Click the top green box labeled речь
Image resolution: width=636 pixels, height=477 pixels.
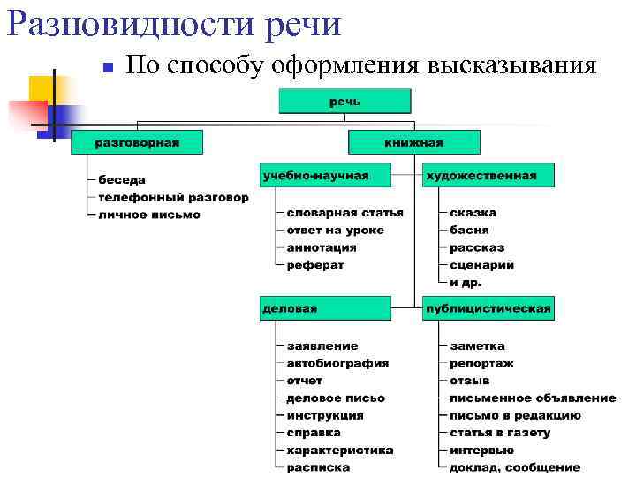click(345, 101)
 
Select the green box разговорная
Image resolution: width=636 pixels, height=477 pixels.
click(137, 142)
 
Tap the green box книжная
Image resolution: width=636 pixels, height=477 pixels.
click(414, 142)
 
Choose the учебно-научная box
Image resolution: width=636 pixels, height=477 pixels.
click(326, 175)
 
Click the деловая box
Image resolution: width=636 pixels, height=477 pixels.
click(326, 308)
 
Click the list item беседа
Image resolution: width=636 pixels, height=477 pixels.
click(122, 179)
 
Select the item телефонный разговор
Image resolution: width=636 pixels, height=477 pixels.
click(173, 197)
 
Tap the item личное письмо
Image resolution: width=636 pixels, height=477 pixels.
click(149, 215)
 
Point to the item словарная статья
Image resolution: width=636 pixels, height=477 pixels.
click(344, 212)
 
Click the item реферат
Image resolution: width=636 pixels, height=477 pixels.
click(314, 264)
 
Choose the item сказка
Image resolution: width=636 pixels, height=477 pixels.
click(473, 212)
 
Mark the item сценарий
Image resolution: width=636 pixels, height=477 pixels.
click(481, 264)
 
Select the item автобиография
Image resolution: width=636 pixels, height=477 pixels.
click(337, 363)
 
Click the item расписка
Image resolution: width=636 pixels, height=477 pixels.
click(318, 467)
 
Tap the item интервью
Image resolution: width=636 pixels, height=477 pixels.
click(481, 450)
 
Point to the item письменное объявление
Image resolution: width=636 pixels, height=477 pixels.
click(533, 397)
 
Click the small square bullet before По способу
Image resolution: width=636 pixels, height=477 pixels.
click(105, 68)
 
